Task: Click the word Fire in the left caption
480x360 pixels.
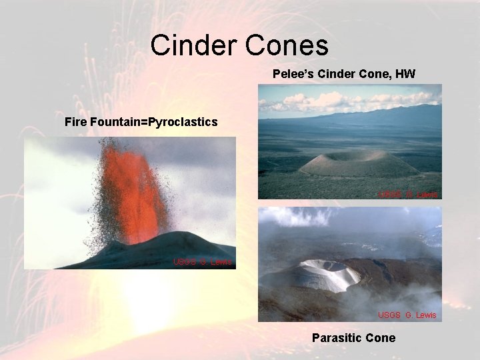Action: [x=76, y=122]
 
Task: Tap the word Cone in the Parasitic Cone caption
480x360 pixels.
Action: [x=380, y=338]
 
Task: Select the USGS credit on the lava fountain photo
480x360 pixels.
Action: [x=203, y=261]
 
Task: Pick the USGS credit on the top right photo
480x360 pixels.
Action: [x=408, y=194]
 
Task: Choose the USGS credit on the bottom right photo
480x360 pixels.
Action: [x=407, y=315]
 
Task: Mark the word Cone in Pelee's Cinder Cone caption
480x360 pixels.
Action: [x=377, y=74]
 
